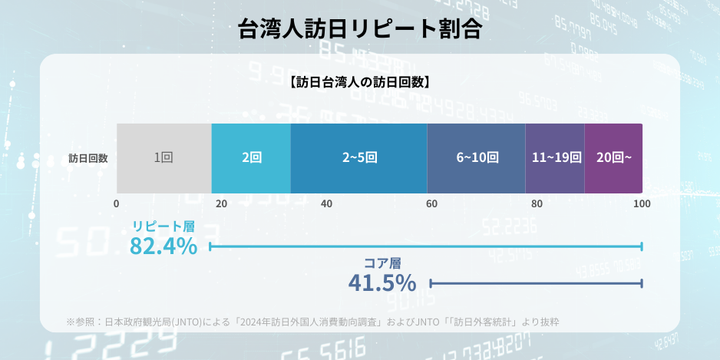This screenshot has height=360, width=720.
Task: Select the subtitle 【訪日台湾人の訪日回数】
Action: tap(360, 81)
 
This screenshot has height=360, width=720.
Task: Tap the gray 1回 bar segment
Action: tap(163, 158)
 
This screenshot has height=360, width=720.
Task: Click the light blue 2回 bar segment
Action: tap(251, 158)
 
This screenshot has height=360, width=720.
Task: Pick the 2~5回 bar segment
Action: tap(358, 158)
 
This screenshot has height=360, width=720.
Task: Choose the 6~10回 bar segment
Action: tap(476, 158)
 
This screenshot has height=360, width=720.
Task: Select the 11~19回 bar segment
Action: tap(555, 158)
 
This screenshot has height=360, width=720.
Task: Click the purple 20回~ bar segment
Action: tap(613, 158)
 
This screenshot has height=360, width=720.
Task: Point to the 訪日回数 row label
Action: tap(88, 159)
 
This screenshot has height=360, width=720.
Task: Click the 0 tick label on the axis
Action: tap(117, 204)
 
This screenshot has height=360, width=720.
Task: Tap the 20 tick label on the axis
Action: tap(222, 204)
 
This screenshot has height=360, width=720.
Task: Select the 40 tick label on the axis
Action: tap(327, 204)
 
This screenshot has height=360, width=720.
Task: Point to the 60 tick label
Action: tap(432, 204)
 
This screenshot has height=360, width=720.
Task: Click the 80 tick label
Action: tap(537, 204)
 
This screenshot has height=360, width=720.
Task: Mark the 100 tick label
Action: tap(642, 204)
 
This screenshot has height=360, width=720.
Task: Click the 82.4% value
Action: tap(163, 246)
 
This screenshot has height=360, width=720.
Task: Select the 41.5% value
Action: tap(382, 283)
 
